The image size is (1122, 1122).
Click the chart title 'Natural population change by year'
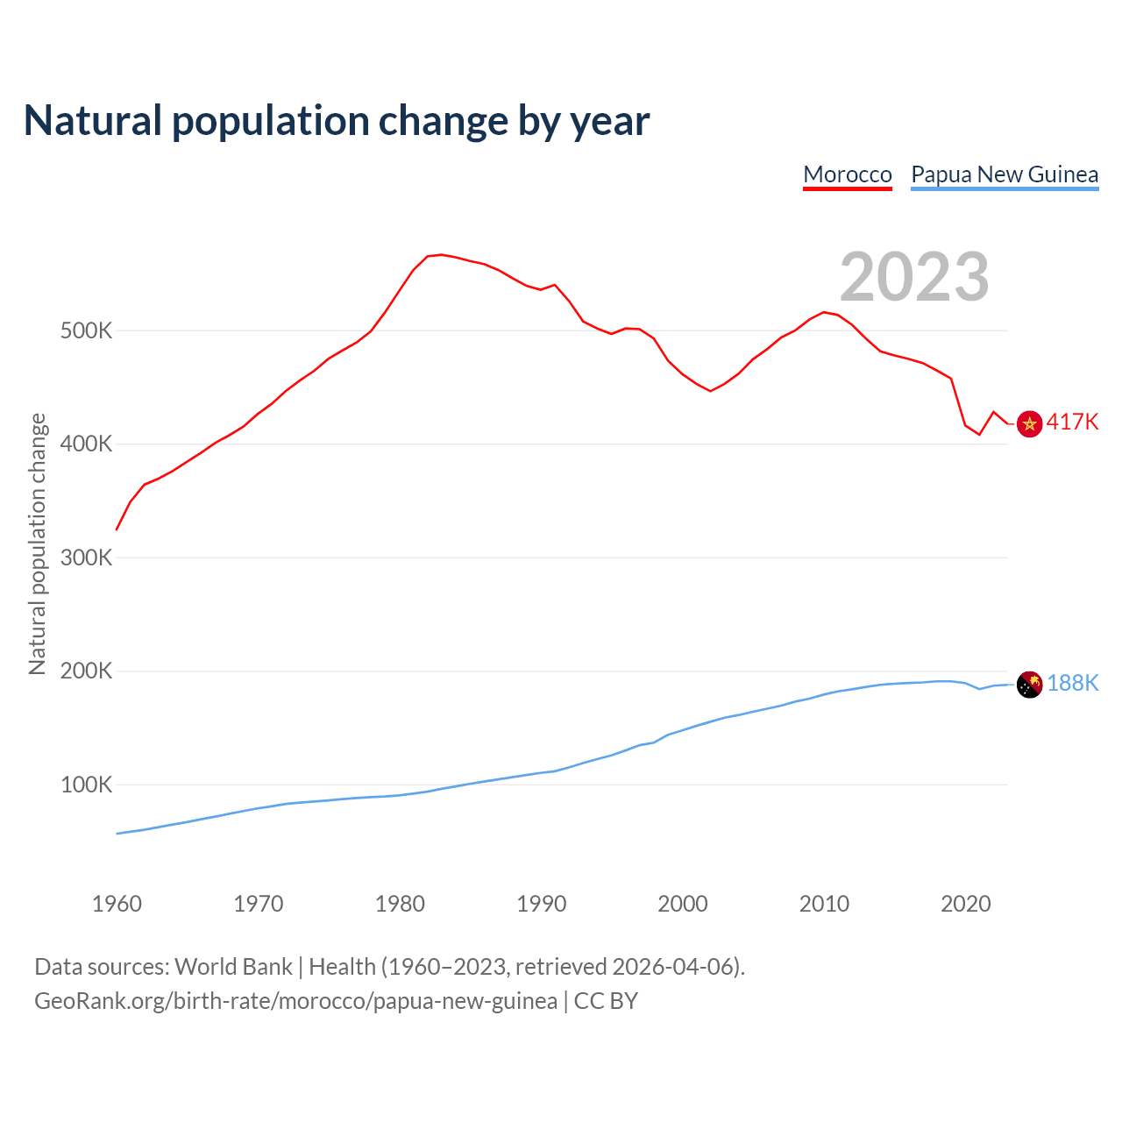coord(337,121)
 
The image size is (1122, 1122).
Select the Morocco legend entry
coord(848,174)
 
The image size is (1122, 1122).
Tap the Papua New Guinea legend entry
coord(1005,174)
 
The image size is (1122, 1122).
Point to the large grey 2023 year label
coord(914,277)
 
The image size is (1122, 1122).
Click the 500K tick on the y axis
coord(86,331)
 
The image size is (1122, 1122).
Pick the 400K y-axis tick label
coord(86,444)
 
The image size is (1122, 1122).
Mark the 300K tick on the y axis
coord(86,558)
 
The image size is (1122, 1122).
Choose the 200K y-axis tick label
coord(86,671)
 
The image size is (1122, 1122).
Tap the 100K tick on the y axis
coord(86,785)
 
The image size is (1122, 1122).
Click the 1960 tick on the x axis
coord(117,904)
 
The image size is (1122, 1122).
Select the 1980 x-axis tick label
coord(400,904)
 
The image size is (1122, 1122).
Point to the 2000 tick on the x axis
coord(683,904)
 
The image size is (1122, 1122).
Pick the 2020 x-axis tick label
coord(965,904)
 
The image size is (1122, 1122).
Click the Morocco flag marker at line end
coord(1029,424)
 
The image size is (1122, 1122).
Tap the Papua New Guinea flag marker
coord(1029,685)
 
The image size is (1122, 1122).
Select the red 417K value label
coord(1072,423)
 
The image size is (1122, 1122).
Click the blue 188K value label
coord(1072,684)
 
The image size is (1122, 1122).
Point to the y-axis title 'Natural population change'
coord(37,544)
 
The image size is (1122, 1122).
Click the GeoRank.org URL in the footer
coord(295,1001)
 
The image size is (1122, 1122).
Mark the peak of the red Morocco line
coord(441,254)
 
